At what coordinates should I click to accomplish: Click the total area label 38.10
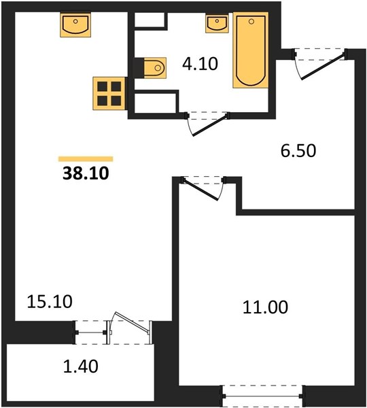point(86,173)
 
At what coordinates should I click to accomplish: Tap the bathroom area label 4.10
point(200,64)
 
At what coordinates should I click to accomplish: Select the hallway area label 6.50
point(298,151)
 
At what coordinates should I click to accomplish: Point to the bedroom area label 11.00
point(265,307)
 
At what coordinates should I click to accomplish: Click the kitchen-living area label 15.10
point(50,301)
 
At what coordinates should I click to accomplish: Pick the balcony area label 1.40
point(81,366)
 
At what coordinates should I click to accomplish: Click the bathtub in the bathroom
point(251,50)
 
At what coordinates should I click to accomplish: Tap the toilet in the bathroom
point(155,68)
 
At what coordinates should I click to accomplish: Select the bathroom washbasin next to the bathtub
point(217,23)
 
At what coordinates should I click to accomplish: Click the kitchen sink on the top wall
point(75,24)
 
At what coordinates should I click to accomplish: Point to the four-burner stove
point(109,93)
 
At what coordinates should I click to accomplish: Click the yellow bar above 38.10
point(86,158)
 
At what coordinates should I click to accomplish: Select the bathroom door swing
point(207,124)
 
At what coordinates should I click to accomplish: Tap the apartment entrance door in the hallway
point(322,67)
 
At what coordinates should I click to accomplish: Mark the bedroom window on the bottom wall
point(262,396)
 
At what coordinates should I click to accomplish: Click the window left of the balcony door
point(91,333)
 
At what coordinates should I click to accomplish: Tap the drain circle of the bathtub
point(251,22)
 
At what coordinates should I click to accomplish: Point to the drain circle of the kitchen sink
point(75,21)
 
